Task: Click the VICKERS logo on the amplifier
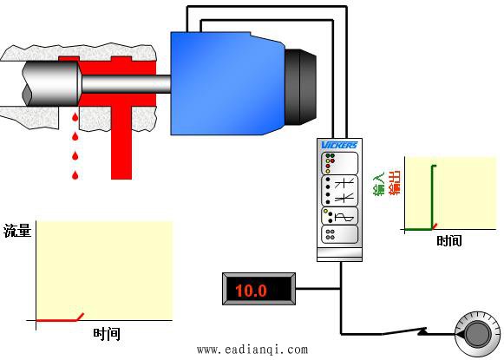pos(339,145)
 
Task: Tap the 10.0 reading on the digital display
pos(251,291)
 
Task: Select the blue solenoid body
pos(227,83)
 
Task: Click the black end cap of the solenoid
pos(300,87)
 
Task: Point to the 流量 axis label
pos(17,231)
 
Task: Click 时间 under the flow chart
pos(107,334)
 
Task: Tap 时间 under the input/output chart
pos(449,240)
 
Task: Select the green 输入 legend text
pos(378,184)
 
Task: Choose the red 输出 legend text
pos(395,183)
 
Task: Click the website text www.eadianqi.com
pos(252,350)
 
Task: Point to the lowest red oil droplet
pos(75,175)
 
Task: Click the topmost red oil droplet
pos(75,117)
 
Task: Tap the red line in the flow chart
pos(60,319)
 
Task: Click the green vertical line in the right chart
pos(432,198)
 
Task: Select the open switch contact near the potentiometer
pos(404,331)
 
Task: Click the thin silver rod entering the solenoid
pos(126,84)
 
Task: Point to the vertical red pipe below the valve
pos(121,142)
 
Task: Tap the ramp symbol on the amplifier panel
pos(344,218)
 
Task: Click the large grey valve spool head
pos(51,83)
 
